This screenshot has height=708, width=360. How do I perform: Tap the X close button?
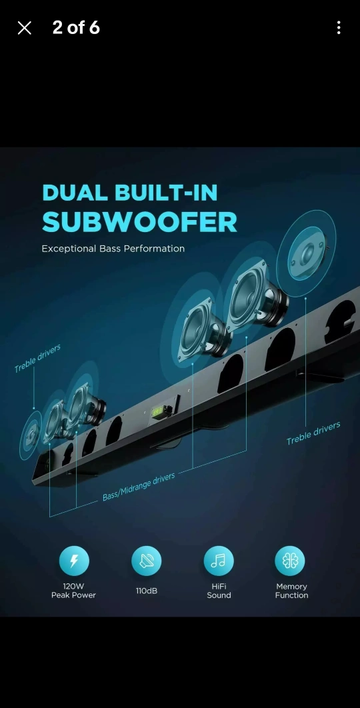coord(25,28)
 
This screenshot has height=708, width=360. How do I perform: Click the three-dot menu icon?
coord(339,28)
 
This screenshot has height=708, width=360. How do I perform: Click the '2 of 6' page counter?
coord(76,27)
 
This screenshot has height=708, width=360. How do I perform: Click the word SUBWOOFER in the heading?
coord(139,222)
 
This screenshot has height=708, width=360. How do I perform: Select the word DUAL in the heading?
coord(75,193)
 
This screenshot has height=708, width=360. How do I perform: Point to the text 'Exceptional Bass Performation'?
coord(113,249)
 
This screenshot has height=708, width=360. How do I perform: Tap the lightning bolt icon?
coord(74,561)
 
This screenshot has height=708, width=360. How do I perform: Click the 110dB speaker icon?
coord(147,561)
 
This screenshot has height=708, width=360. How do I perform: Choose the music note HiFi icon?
coord(219,561)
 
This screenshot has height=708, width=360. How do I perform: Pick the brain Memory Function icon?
coord(290,561)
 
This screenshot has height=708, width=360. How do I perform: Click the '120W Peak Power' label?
coord(73,591)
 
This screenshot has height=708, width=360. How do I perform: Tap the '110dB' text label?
coord(147,591)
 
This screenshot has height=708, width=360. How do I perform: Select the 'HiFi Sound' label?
coord(219,591)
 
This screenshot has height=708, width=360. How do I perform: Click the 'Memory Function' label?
coord(292,591)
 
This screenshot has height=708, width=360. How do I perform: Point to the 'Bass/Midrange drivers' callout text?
coord(139,486)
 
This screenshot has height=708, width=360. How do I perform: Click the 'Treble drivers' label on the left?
coord(37,359)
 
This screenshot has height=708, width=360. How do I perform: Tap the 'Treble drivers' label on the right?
coord(313,433)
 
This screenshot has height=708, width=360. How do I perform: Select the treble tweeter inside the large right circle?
coord(307,254)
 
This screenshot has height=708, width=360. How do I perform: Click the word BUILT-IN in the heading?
coord(166,193)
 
